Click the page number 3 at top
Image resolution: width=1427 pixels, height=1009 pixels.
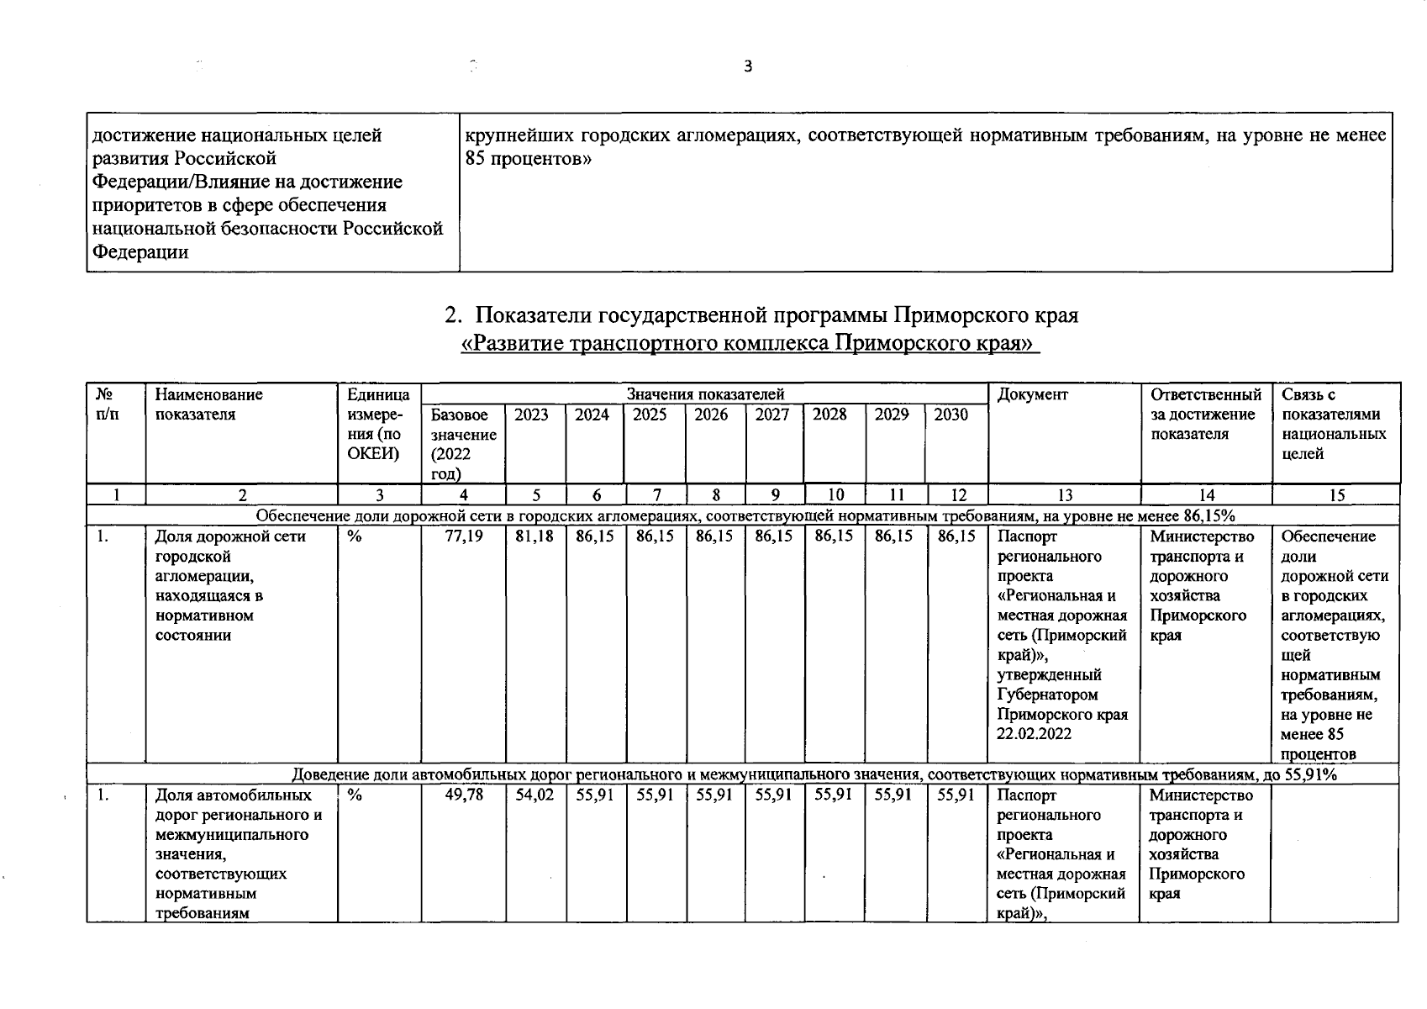pos(748,67)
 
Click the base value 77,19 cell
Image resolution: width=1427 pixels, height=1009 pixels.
pos(464,536)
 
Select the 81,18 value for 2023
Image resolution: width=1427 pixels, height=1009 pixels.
pos(534,536)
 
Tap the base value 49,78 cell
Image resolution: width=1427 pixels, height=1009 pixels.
pos(464,795)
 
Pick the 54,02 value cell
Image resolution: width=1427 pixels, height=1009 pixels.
pos(534,795)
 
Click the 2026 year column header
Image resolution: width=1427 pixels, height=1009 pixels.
pos(711,415)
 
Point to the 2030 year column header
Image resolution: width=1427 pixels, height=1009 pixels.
pos(951,415)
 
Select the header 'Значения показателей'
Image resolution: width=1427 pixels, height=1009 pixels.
pos(704,394)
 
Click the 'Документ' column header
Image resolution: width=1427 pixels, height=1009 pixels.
pos(1033,394)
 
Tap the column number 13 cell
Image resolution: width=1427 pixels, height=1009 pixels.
pos(1064,495)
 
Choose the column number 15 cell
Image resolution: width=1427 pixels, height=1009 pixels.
pos(1337,495)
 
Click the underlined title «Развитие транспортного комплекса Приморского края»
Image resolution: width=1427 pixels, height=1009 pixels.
pos(750,344)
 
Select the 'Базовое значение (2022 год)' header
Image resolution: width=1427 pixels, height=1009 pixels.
pos(463,444)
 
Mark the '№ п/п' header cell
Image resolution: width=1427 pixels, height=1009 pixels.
pos(107,404)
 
